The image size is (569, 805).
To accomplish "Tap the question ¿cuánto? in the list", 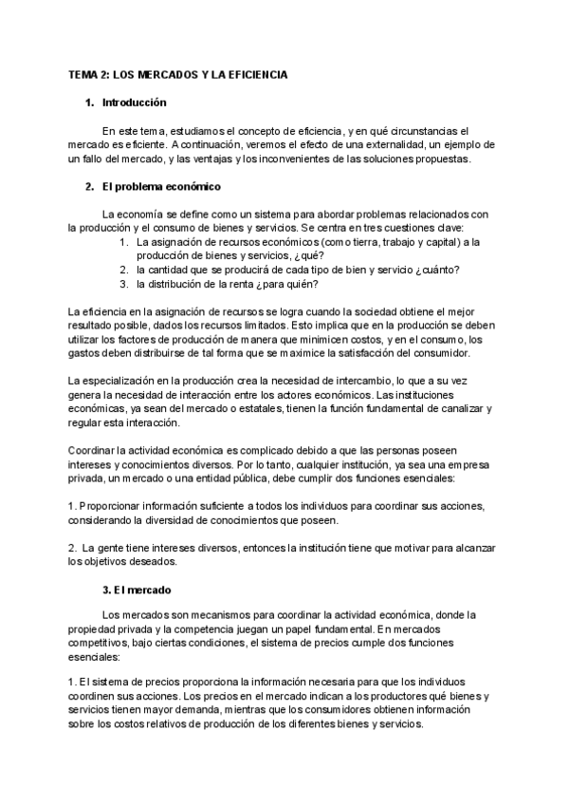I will coord(432,270).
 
